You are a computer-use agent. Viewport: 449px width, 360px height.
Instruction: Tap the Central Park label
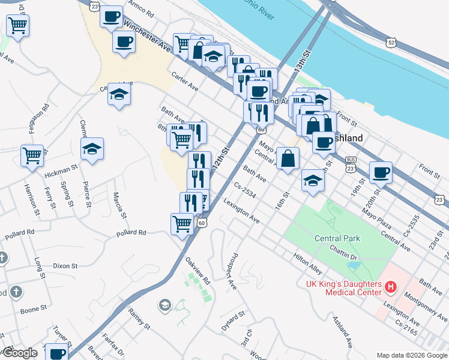(337, 238)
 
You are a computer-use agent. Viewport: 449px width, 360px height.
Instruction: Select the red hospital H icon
(391, 287)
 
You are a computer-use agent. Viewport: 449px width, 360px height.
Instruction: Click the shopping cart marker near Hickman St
(32, 155)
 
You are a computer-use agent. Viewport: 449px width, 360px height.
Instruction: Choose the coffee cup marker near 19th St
(381, 172)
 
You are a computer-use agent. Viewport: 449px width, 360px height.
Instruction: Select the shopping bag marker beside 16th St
(288, 159)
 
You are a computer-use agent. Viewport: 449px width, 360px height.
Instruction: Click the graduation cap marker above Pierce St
(92, 149)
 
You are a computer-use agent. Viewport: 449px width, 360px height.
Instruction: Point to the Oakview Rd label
(197, 271)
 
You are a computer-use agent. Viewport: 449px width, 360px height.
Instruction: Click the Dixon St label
(65, 265)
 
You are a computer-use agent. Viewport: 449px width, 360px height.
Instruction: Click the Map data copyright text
(410, 355)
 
